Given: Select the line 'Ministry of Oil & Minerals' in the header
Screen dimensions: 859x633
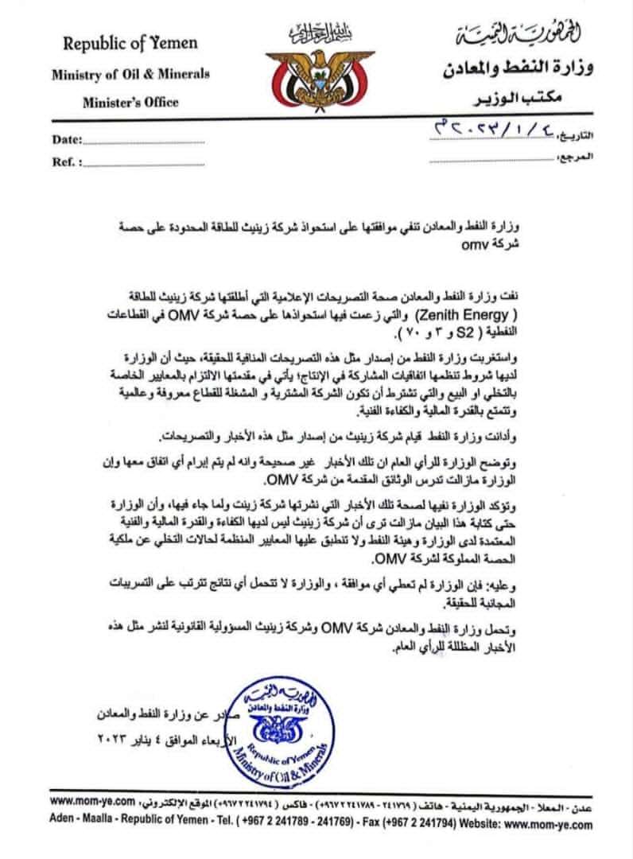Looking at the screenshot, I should (x=130, y=75).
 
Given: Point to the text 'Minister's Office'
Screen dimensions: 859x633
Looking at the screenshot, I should (x=130, y=102).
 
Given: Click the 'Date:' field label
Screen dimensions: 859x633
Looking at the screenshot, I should (x=68, y=140).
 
